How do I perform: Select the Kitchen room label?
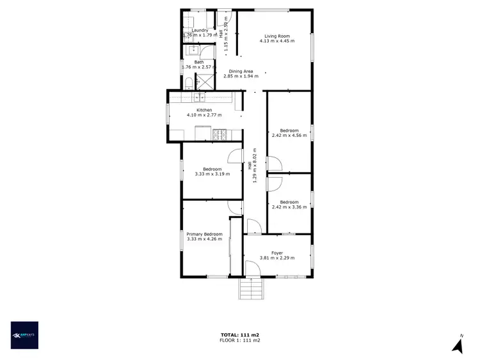tap(204, 110)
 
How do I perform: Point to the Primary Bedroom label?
tap(204, 234)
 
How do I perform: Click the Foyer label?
tap(277, 253)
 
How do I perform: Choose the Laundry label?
tap(200, 30)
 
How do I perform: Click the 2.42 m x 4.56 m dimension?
tap(289, 136)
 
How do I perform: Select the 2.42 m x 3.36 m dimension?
tap(289, 207)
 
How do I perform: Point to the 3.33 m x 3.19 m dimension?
tap(212, 174)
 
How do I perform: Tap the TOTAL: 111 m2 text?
tap(239, 334)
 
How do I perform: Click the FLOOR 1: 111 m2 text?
tap(239, 340)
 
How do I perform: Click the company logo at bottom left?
tap(24, 335)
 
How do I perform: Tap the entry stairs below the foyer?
tap(252, 290)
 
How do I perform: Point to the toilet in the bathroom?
tap(188, 84)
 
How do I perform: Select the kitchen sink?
tap(199, 97)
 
